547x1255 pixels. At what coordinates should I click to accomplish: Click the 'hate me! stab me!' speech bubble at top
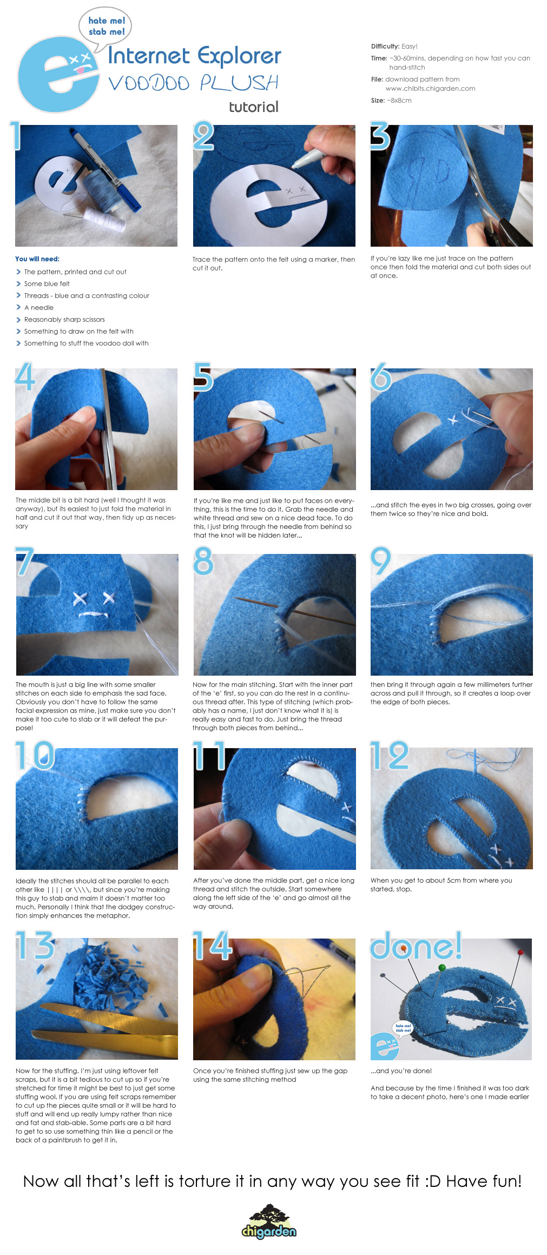tap(106, 27)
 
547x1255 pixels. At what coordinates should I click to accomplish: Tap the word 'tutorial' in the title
tap(254, 107)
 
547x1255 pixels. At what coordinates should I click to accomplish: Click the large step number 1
tap(16, 136)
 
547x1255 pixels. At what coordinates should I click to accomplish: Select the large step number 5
tap(203, 376)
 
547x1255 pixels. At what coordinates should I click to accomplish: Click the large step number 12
tap(390, 755)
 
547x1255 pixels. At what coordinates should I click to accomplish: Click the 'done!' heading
tap(416, 946)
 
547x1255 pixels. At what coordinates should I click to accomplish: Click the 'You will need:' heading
tap(37, 259)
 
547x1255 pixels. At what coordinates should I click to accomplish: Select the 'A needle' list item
tap(39, 308)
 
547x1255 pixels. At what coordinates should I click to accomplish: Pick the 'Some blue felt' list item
tap(47, 284)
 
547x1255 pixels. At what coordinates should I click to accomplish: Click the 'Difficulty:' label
tap(385, 47)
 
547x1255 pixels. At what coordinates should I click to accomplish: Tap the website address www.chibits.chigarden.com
tap(430, 89)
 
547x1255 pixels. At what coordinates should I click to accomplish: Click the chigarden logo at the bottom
tap(269, 1222)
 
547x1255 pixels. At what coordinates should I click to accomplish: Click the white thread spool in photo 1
tap(105, 216)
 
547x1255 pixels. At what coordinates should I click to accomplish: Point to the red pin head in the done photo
tap(520, 952)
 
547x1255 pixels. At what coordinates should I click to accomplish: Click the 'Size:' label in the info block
tap(378, 101)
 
